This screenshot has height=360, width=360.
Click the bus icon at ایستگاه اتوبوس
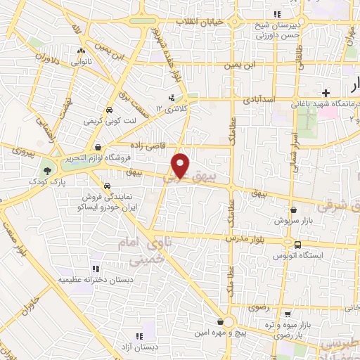[300, 245]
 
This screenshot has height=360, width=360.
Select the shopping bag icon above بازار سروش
[294, 210]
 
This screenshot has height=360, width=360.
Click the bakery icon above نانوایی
[82, 51]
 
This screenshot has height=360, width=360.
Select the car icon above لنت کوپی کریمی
[109, 111]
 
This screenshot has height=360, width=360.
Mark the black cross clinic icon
[326, 93]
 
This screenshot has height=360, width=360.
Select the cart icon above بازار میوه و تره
[285, 314]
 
